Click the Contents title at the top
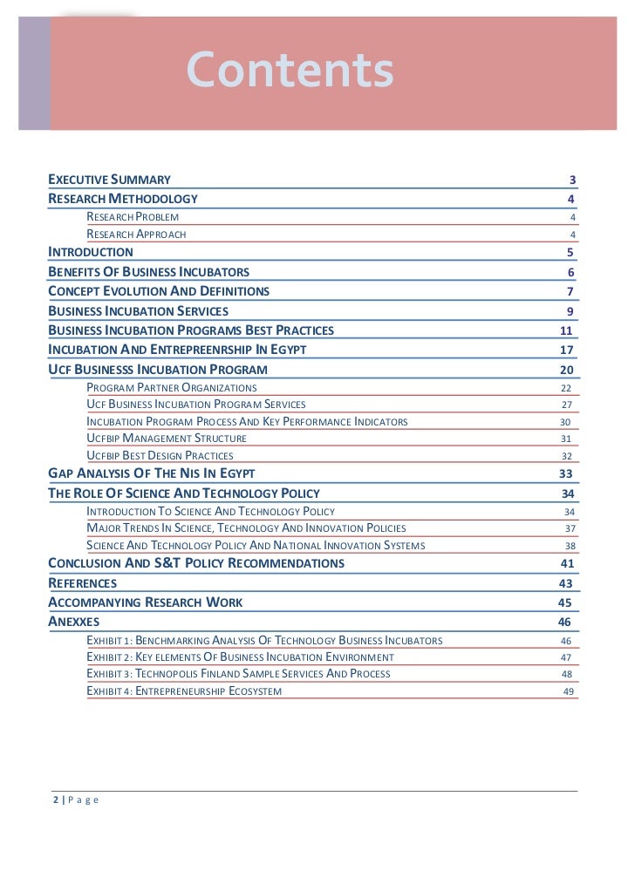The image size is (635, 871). (290, 71)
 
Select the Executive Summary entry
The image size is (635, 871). (109, 180)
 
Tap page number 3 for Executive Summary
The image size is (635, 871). (572, 180)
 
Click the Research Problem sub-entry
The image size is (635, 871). (133, 216)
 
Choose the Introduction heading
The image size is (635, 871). (91, 252)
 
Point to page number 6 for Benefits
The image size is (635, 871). (570, 272)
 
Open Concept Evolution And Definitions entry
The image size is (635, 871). (159, 291)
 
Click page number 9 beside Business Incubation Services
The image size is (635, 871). (570, 311)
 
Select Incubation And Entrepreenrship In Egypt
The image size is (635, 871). (177, 350)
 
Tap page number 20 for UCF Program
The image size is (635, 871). (567, 370)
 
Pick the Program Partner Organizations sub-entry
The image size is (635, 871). (172, 387)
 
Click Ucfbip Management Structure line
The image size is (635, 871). (167, 439)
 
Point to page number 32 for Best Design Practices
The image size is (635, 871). (566, 456)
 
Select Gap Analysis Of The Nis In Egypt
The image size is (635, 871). (151, 473)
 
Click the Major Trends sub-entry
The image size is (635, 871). (246, 528)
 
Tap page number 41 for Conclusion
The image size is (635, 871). (566, 563)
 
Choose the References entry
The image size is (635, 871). (82, 582)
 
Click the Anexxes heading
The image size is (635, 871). (74, 622)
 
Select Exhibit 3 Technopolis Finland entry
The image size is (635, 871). (238, 674)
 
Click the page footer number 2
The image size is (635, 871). (55, 800)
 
